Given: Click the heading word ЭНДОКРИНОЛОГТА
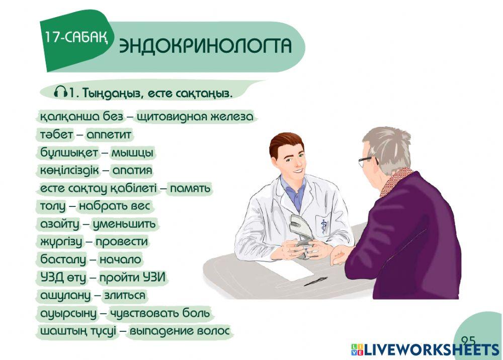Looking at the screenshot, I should (x=205, y=46).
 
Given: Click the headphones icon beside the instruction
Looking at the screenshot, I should (x=60, y=93).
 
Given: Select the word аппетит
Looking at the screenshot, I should (x=109, y=135).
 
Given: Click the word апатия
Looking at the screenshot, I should (x=132, y=170).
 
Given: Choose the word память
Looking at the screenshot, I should (x=190, y=188).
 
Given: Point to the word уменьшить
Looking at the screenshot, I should (x=124, y=224).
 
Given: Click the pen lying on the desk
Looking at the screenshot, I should (x=315, y=281).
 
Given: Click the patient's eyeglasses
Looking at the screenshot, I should (x=367, y=161).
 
